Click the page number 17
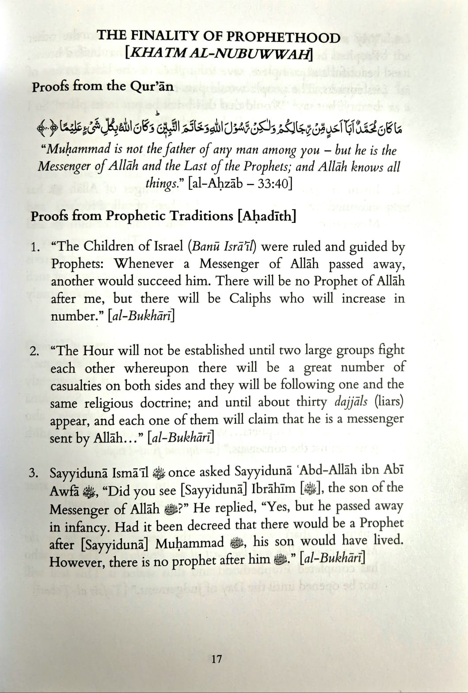[217, 659]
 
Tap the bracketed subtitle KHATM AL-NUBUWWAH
[219, 54]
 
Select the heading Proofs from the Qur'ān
[103, 86]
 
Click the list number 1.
[35, 247]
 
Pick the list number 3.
[34, 473]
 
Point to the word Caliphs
[250, 299]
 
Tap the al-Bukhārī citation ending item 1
[141, 316]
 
